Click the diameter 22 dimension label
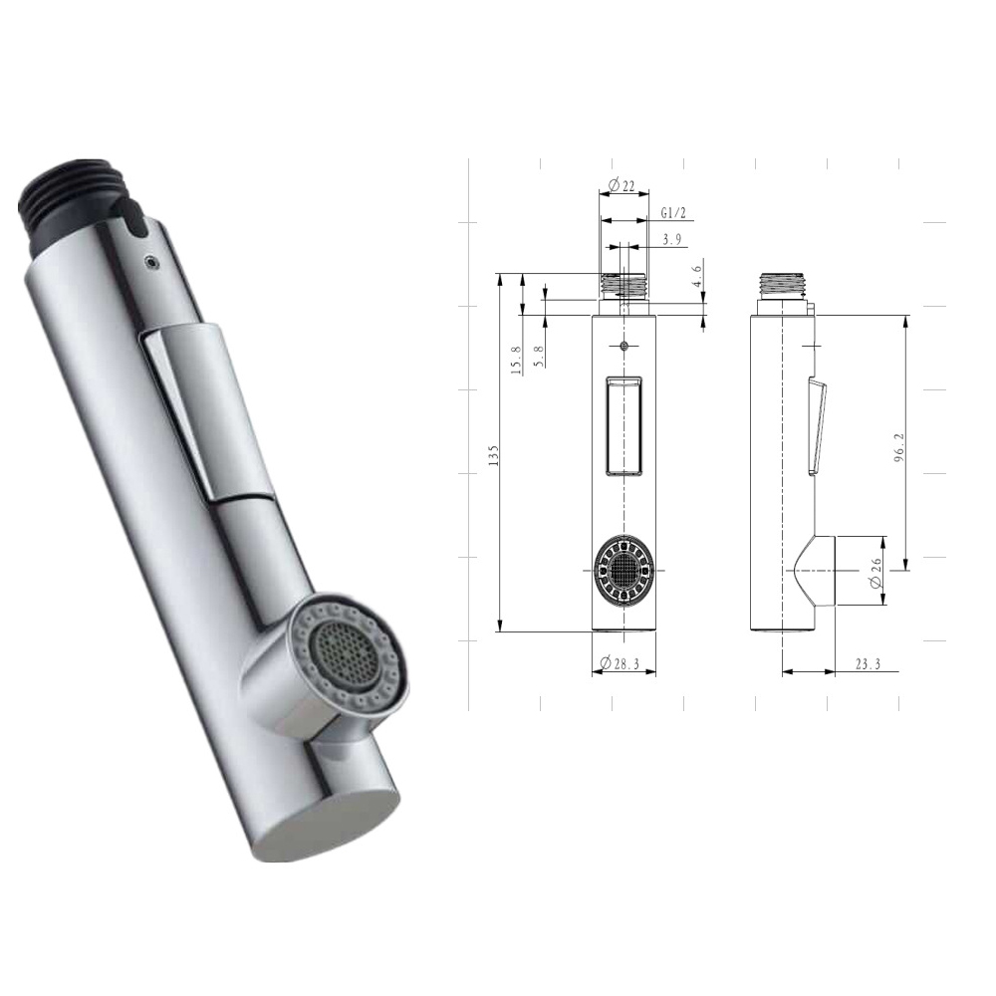(621, 186)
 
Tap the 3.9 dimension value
(671, 240)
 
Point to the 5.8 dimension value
(539, 357)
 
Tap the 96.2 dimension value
(899, 447)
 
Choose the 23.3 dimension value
(868, 664)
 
